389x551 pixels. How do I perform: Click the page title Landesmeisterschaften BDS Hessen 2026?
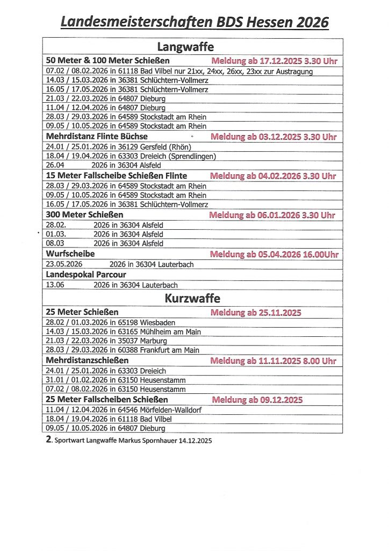point(194,22)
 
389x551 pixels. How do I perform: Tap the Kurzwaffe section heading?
point(192,298)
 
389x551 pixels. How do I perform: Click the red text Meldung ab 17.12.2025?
point(274,61)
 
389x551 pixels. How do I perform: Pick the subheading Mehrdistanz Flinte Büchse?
point(97,137)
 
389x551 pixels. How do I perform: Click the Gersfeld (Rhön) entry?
point(119,147)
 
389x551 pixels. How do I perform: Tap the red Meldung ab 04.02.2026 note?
point(273,176)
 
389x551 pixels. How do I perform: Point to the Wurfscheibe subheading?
point(70,253)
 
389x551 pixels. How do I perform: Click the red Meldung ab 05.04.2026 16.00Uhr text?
point(273,254)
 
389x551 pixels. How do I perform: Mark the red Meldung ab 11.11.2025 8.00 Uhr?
point(273,361)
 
